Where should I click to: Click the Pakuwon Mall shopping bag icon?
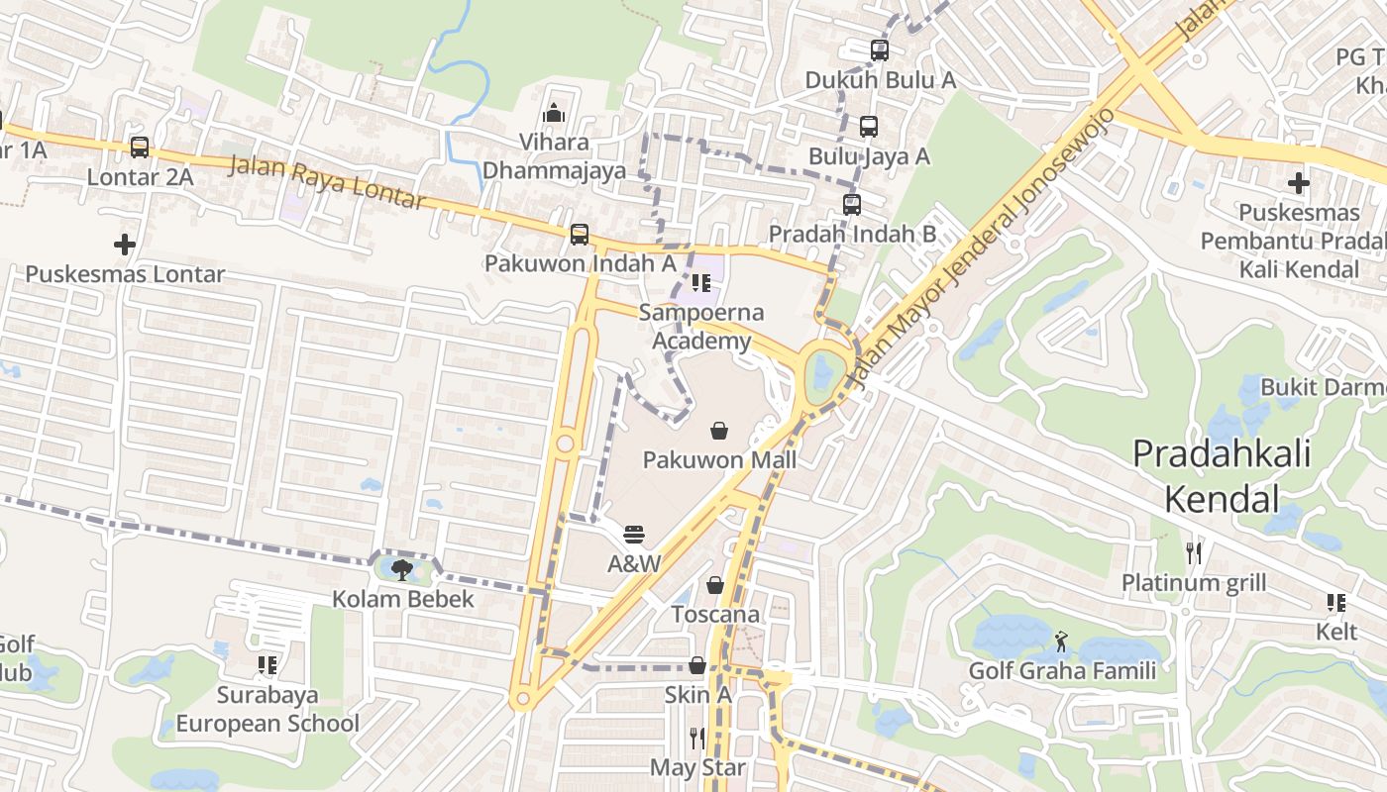[x=719, y=431]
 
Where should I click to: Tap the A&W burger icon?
[x=635, y=535]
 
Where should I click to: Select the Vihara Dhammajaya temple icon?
[x=554, y=113]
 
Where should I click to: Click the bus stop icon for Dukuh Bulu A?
[x=880, y=49]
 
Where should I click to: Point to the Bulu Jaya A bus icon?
[x=869, y=127]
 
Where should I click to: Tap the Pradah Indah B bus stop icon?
[x=852, y=205]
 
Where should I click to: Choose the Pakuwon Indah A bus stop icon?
[x=580, y=235]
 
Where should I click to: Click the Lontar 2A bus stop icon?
[x=140, y=148]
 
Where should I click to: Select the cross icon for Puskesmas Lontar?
[x=125, y=244]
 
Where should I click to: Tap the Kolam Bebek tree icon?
[x=402, y=569]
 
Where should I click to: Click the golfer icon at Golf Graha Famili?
[x=1062, y=642]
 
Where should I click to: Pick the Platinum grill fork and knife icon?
[x=1194, y=552]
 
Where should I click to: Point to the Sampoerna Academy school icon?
[x=701, y=284]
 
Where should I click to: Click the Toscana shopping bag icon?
[x=715, y=585]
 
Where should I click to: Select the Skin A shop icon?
[x=697, y=665]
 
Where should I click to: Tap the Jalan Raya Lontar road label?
[x=327, y=183]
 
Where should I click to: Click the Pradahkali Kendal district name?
[x=1222, y=476]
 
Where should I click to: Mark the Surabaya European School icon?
[x=267, y=665]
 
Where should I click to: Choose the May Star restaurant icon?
[x=697, y=738]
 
